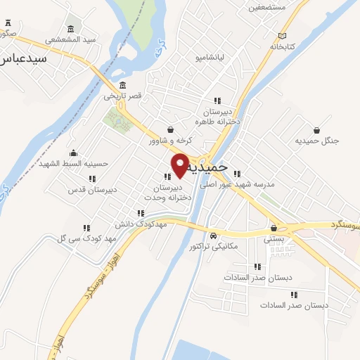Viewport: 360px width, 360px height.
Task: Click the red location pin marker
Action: (x=181, y=165)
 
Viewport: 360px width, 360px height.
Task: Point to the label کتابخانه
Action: (x=280, y=46)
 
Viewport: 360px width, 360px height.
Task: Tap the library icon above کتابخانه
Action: (x=283, y=35)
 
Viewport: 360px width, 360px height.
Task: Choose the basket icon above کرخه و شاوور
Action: (x=171, y=130)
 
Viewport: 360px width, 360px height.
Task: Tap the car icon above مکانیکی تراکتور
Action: (x=213, y=236)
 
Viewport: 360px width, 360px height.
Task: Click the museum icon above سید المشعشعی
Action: (x=70, y=29)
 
